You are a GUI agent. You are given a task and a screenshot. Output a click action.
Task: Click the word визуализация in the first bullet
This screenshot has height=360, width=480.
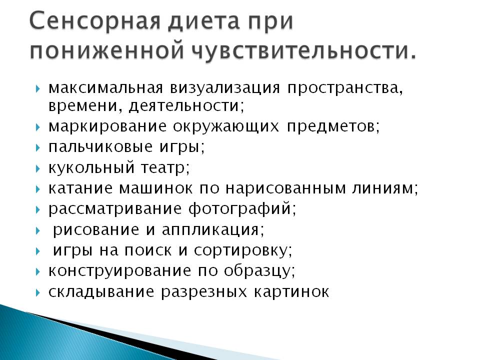coord(225,88)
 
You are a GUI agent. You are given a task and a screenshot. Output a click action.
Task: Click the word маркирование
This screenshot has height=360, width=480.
coord(107,126)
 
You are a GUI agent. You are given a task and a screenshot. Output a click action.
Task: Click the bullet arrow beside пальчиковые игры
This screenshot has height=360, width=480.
coord(37,148)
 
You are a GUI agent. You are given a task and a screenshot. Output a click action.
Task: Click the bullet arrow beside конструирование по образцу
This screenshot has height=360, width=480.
coord(37,271)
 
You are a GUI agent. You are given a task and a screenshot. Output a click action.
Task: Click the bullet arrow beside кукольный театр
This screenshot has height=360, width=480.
coord(37,168)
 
